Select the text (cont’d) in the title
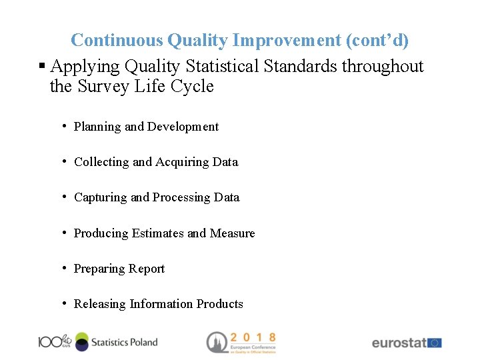(377, 41)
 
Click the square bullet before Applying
(42, 67)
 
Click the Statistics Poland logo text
(124, 342)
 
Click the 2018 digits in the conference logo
(253, 338)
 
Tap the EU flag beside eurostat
(435, 343)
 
